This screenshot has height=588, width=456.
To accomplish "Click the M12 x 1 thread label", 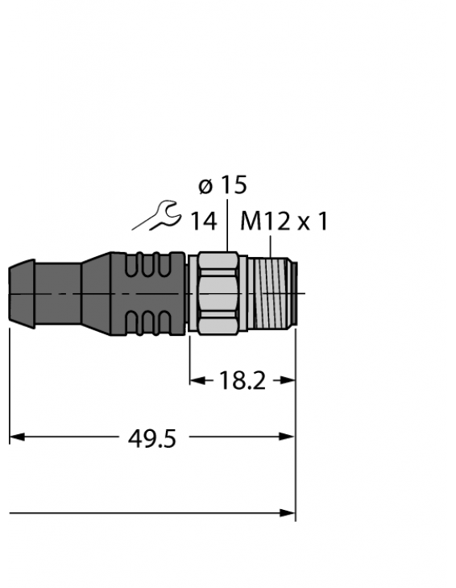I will click(284, 221).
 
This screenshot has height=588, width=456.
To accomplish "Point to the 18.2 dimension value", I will click(242, 381).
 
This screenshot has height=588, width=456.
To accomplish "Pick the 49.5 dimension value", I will click(152, 439).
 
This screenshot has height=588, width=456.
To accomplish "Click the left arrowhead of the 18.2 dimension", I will click(196, 380).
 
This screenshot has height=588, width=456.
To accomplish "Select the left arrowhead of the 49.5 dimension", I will click(16, 437).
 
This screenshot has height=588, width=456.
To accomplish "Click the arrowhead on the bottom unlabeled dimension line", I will click(288, 512).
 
